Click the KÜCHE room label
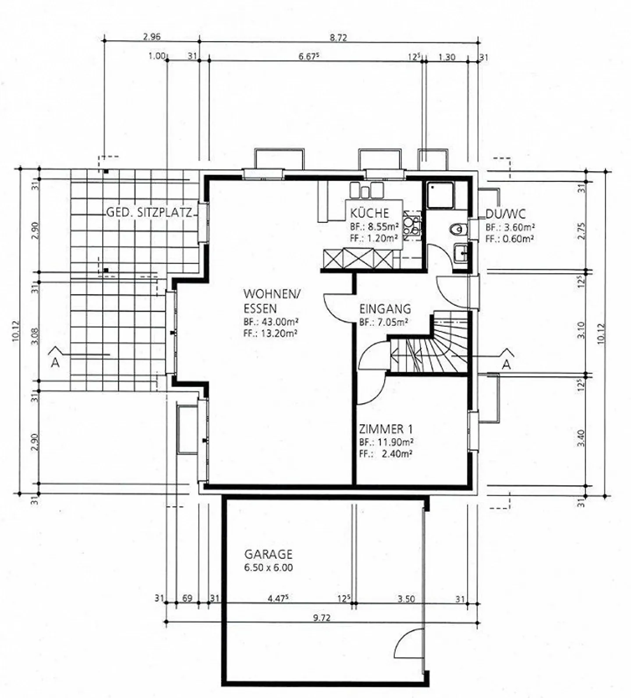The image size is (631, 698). pyautogui.click(x=369, y=213)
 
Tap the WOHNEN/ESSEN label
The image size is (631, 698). pyautogui.click(x=272, y=300)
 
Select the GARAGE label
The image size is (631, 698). pyautogui.click(x=268, y=554)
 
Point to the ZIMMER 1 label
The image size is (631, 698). pyautogui.click(x=386, y=429)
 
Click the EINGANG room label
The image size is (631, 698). pyautogui.click(x=385, y=308)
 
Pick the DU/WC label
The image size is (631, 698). pyautogui.click(x=505, y=214)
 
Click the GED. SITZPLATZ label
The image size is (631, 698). pyautogui.click(x=149, y=213)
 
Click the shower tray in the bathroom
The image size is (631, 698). pyautogui.click(x=441, y=195)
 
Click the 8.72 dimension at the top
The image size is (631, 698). pyautogui.click(x=338, y=37)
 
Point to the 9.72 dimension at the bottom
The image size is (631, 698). pyautogui.click(x=322, y=618)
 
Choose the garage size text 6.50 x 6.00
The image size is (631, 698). pyautogui.click(x=269, y=567)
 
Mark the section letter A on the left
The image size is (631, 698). pyautogui.click(x=55, y=363)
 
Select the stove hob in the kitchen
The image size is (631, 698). pyautogui.click(x=412, y=225)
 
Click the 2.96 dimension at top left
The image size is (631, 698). pyautogui.click(x=152, y=37)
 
